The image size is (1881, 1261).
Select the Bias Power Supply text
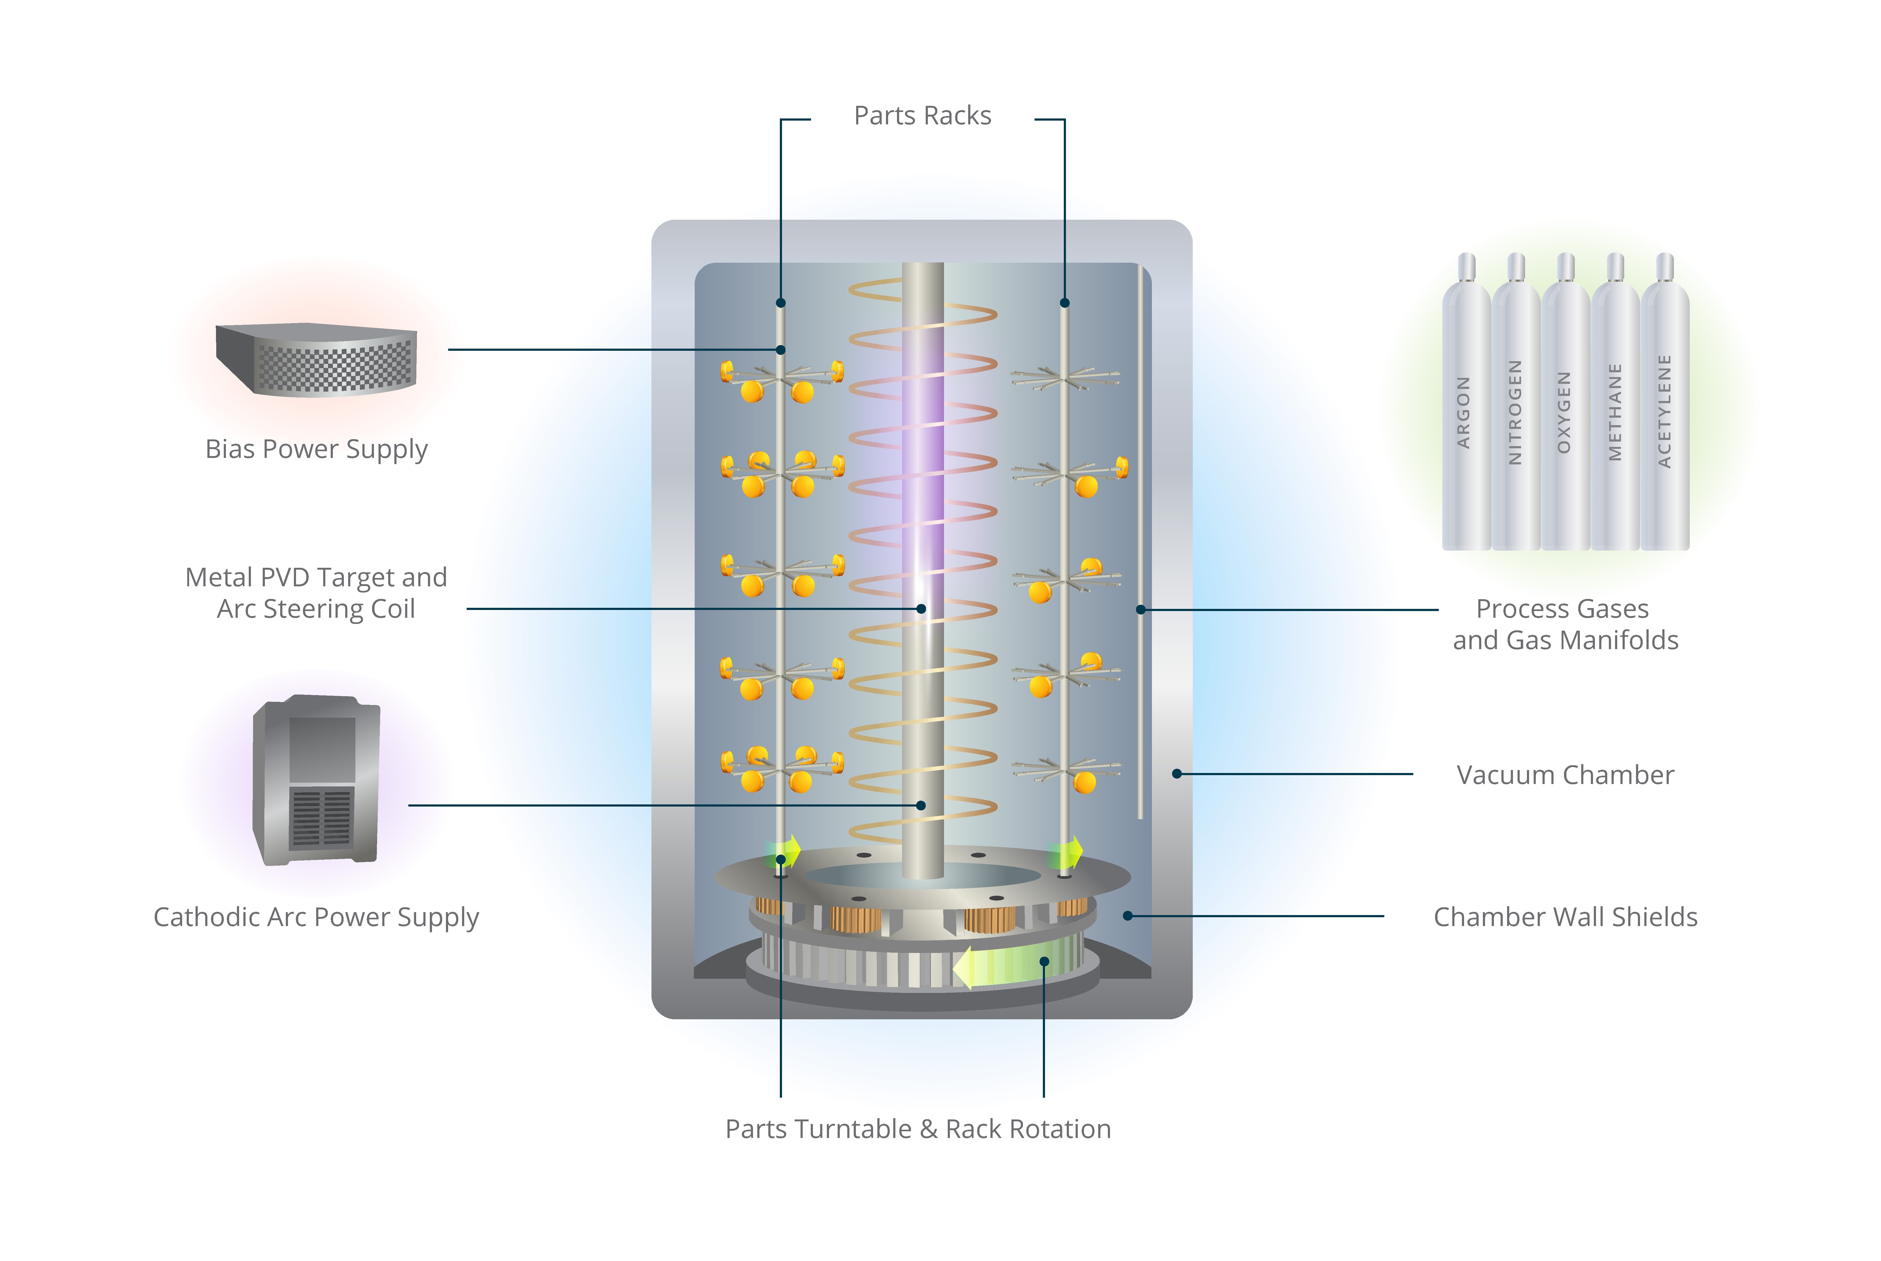pos(316,449)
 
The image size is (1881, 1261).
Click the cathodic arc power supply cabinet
pos(316,780)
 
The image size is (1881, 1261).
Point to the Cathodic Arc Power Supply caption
pos(316,917)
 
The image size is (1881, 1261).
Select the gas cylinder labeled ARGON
pos(1465,410)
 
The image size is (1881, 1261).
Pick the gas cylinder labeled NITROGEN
pos(1515,410)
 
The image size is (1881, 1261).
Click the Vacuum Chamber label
pos(1565,774)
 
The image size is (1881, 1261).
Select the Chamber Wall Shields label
pos(1565,917)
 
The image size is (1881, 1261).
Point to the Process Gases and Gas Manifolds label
pos(1565,624)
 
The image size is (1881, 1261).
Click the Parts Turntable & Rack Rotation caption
pos(918,1129)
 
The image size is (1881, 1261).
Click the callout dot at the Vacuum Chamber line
pos(1177,774)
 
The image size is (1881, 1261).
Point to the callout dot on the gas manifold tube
pos(1140,610)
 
